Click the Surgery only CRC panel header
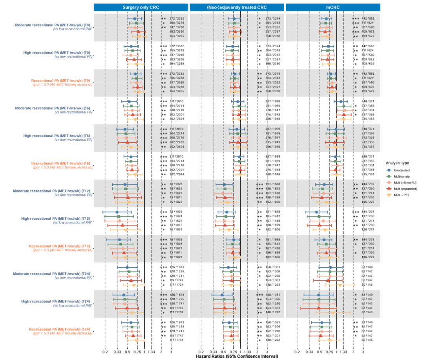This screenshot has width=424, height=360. point(141,7)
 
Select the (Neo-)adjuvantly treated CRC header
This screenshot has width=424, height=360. point(237,7)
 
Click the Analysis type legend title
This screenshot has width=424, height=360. point(397,162)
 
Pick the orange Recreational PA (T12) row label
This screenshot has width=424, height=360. point(61,246)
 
